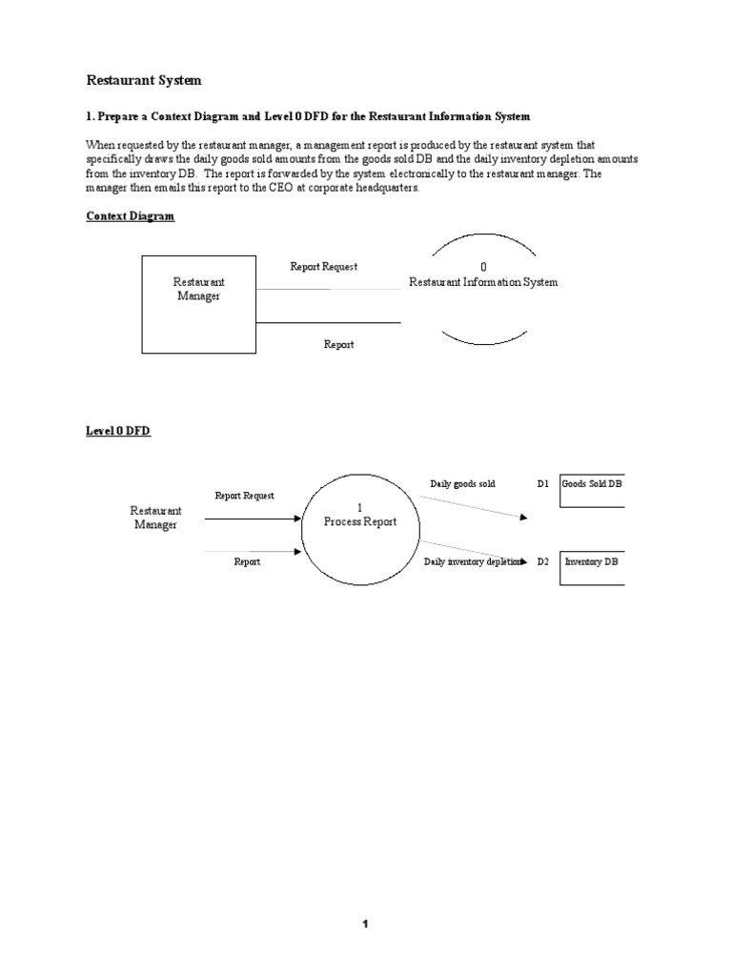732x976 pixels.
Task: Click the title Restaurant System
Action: (144, 81)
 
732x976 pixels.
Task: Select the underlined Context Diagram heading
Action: (131, 216)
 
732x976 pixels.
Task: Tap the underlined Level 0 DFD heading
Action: (118, 431)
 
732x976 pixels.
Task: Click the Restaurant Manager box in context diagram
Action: (198, 304)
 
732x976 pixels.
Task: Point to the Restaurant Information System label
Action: (483, 282)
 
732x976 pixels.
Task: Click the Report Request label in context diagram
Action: (323, 267)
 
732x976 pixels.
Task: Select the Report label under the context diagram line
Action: (337, 344)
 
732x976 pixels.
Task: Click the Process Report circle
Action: (359, 522)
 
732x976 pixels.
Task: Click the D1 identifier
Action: (543, 484)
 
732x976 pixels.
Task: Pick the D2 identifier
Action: (543, 562)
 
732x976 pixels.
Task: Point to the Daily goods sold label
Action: (462, 484)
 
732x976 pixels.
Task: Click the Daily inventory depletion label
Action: (473, 562)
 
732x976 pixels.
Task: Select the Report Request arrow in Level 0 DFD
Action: (253, 519)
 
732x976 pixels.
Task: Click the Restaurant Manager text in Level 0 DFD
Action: (155, 518)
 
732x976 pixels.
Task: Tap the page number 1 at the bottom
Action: (365, 924)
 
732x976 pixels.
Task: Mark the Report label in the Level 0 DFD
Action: (247, 562)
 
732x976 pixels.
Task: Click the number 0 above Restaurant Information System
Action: (483, 268)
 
